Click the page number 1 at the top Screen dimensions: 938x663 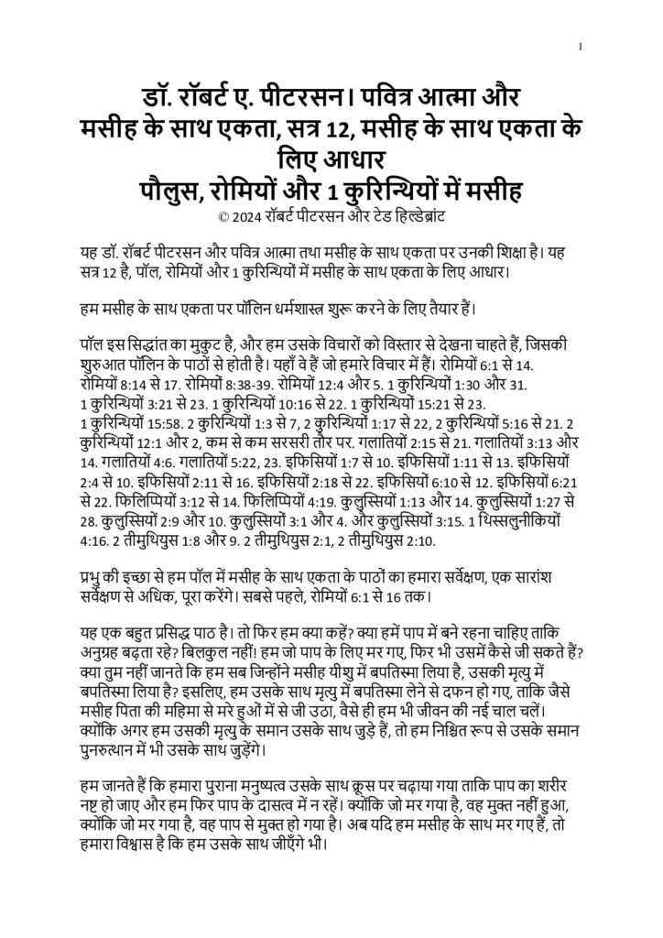point(581,48)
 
